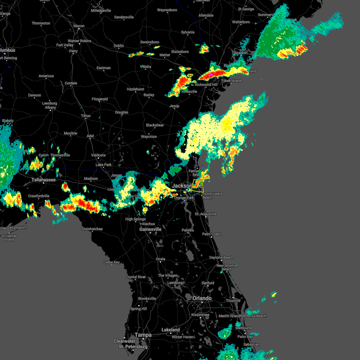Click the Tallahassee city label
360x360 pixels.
click(43, 180)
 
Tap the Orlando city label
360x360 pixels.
click(202, 298)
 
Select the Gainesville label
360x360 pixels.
click(150, 229)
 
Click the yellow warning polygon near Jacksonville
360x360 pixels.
click(198, 186)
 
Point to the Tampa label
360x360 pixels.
click(143, 335)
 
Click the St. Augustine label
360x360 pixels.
click(205, 214)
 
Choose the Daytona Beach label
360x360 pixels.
click(221, 257)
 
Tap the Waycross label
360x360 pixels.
click(149, 136)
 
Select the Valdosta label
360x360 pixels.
click(98, 155)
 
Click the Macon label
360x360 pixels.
click(79, 26)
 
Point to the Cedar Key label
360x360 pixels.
click(112, 262)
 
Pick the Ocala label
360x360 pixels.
click(160, 259)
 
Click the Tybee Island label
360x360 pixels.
click(231, 81)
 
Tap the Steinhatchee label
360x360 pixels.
click(92, 229)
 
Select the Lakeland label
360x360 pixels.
click(170, 330)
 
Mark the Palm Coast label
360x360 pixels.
click(211, 234)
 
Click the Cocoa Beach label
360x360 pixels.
click(256, 316)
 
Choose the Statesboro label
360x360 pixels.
click(180, 52)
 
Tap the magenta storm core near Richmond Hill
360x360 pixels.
click(211, 74)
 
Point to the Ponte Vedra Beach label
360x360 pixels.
click(212, 196)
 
